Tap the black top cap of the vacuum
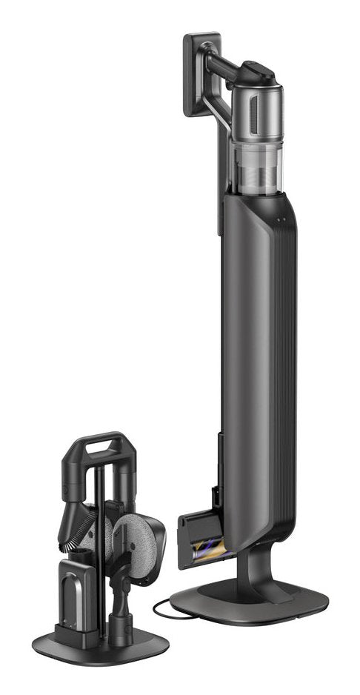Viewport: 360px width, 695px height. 256,73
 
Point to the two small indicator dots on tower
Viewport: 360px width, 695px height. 281,222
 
